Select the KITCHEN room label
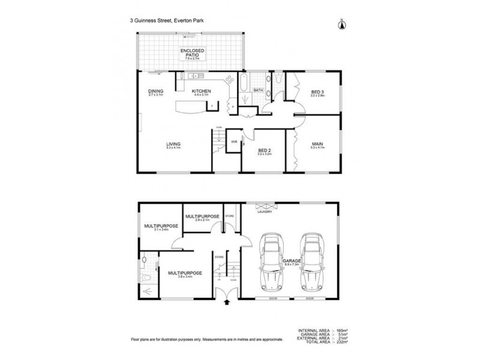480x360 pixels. point(200,92)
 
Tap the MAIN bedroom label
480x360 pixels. point(317,144)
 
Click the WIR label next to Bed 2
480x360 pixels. point(235,142)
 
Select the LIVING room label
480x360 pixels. point(173,144)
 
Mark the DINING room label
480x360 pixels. point(155,92)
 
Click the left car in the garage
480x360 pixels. point(270,262)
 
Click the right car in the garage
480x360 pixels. point(312,262)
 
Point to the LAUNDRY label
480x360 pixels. point(265,212)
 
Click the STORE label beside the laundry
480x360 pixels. point(229,215)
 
